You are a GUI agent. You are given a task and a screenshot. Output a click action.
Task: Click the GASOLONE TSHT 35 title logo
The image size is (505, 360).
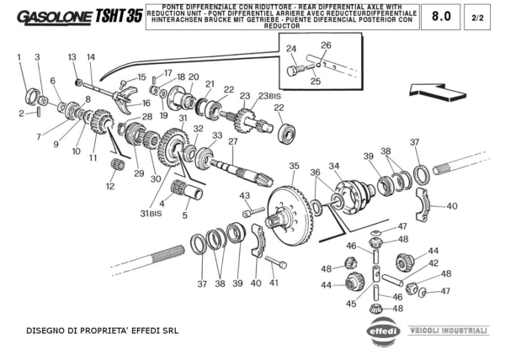pyautogui.click(x=78, y=17)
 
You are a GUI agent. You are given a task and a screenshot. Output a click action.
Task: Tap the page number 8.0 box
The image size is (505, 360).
pyautogui.click(x=441, y=16)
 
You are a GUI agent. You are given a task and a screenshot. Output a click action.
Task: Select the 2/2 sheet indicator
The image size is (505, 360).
pyautogui.click(x=477, y=17)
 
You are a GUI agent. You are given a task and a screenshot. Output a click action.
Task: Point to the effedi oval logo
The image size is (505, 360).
pyautogui.click(x=385, y=331)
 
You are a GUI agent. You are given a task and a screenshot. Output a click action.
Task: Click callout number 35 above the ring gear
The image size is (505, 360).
pyautogui.click(x=294, y=166)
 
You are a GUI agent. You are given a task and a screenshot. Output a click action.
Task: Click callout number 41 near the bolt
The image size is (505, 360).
pyautogui.click(x=274, y=283)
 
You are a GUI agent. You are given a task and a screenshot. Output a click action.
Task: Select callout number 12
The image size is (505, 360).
pyautogui.click(x=109, y=186)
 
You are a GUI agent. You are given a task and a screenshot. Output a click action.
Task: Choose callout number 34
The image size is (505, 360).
pyautogui.click(x=334, y=166)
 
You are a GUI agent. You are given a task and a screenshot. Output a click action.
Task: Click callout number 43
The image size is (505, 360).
pyautogui.click(x=245, y=196)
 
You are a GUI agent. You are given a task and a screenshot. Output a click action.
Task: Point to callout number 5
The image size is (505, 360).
pyautogui.click(x=185, y=214)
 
